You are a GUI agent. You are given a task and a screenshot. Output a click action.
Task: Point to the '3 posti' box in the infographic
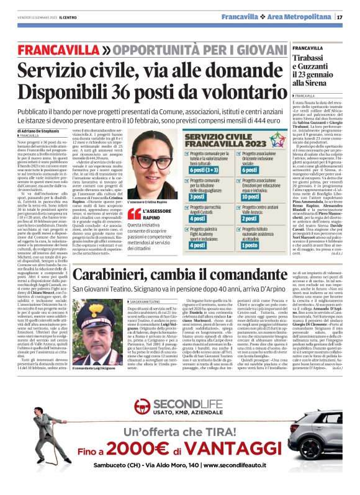197,196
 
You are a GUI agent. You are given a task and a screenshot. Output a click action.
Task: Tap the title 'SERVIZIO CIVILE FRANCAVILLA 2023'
220,140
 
